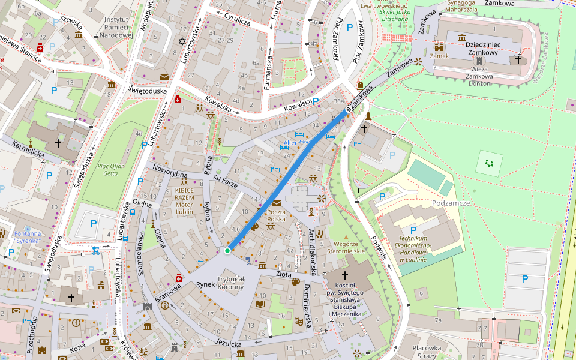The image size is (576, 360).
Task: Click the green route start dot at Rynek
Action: pyautogui.click(x=227, y=250)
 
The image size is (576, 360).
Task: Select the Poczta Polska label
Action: pyautogui.click(x=276, y=216)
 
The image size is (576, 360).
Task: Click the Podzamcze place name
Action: pyautogui.click(x=449, y=203)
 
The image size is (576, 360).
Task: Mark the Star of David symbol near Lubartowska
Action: pyautogui.click(x=182, y=41)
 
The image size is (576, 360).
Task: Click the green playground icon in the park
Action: pyautogui.click(x=490, y=162)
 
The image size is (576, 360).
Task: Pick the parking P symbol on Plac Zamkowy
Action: pyautogui.click(x=349, y=27)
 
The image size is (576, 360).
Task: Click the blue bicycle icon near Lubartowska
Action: pyautogui.click(x=96, y=250)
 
